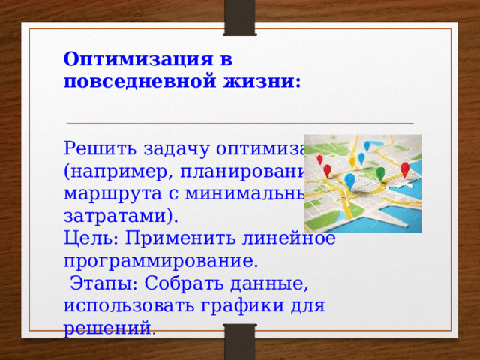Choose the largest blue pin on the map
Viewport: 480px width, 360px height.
tap(349, 182)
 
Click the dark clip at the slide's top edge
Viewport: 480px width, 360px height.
tap(239, 16)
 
